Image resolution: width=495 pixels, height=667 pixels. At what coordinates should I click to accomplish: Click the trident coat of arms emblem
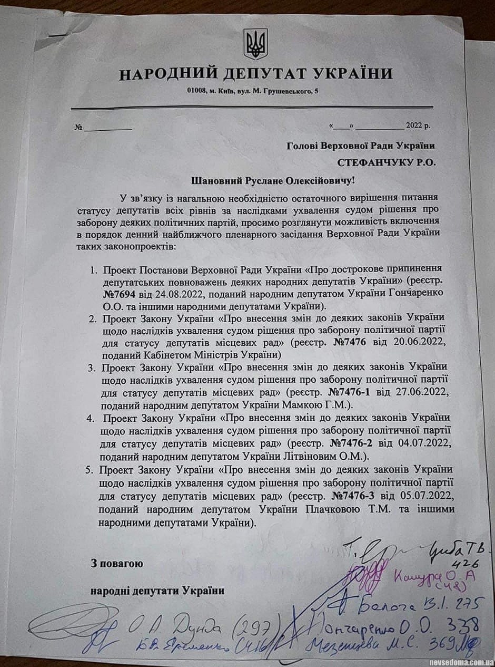[x=255, y=44]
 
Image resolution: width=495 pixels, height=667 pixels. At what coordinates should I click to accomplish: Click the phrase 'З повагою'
[x=117, y=563]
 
